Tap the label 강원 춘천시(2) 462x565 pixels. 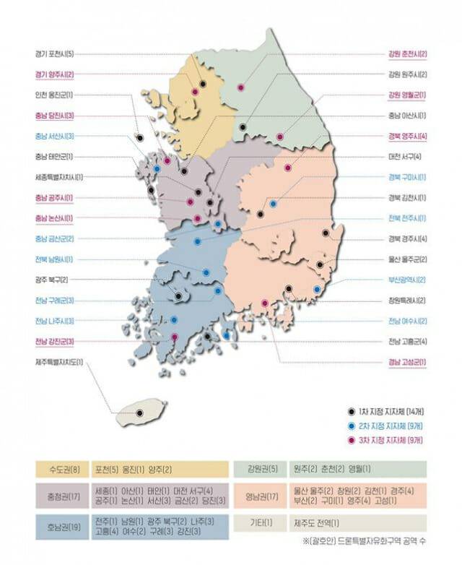pos(407,53)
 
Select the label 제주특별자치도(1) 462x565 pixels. pos(58,361)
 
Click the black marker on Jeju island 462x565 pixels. pos(140,413)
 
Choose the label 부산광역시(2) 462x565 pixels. pos(407,280)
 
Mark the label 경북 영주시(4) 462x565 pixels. pos(407,136)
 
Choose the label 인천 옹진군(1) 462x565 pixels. pos(53,95)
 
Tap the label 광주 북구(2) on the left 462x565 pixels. pos(51,280)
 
